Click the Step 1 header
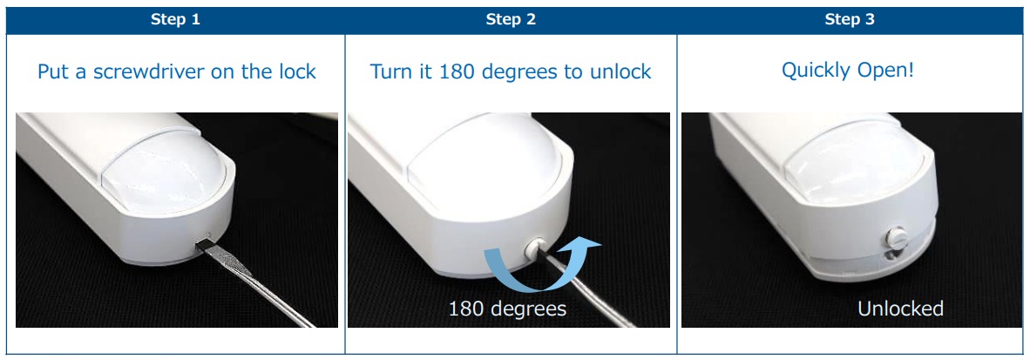point(175,20)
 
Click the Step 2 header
point(511,20)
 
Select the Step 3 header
point(850,20)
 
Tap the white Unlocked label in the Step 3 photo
point(900,308)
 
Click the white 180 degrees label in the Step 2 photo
point(507,308)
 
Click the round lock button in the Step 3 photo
point(896,236)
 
